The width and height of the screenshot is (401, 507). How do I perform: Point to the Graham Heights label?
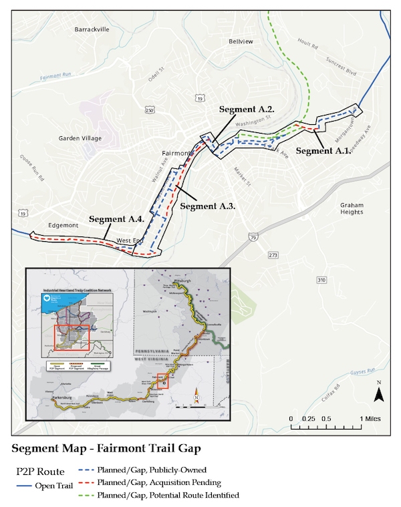352,208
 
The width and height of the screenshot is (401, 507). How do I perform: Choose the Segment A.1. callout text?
323,151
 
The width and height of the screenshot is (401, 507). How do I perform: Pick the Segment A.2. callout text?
247,108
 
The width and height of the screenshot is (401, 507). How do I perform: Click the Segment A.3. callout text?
208,206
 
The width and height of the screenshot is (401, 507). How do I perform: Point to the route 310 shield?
322,279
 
